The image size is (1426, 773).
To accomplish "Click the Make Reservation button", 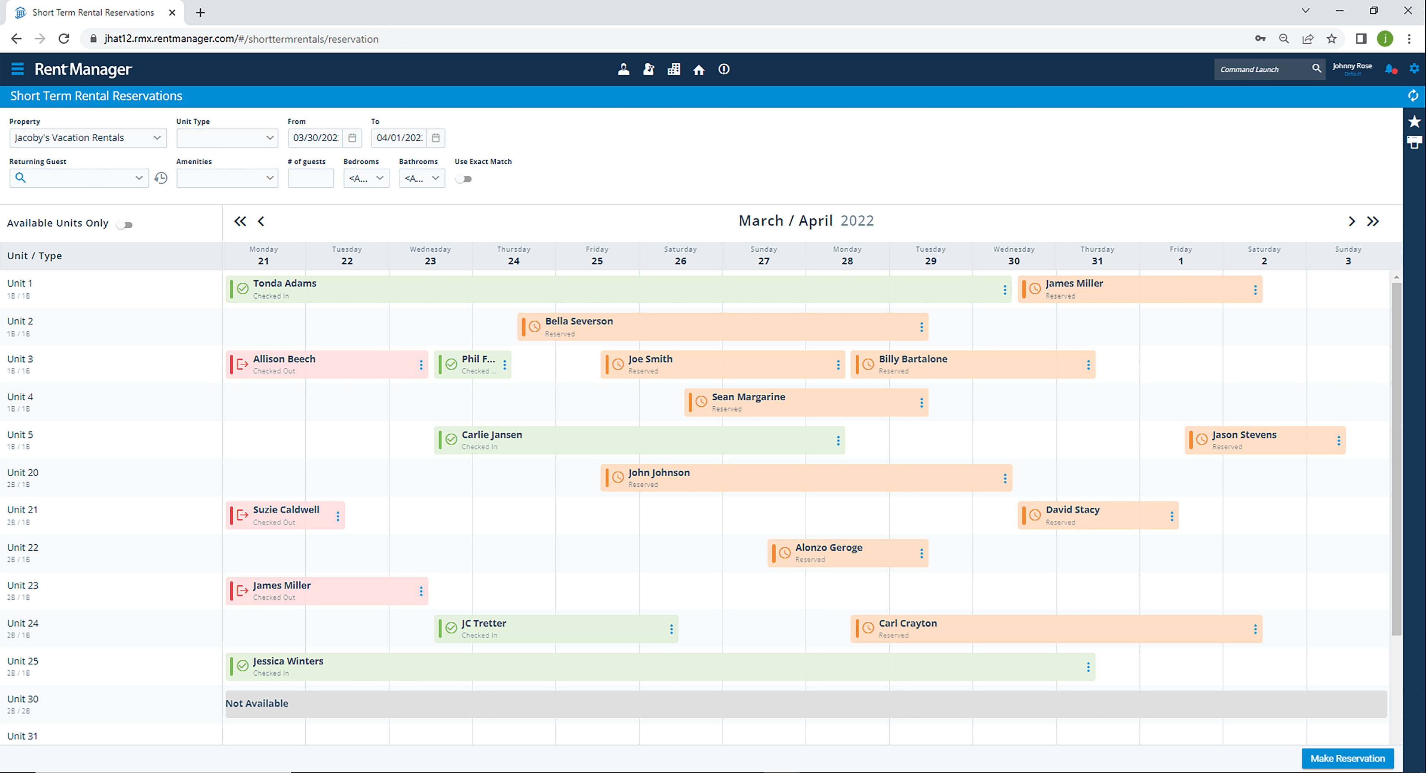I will (x=1347, y=758).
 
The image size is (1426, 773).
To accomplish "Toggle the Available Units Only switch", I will (x=125, y=224).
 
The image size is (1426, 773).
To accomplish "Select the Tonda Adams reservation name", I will (x=284, y=283).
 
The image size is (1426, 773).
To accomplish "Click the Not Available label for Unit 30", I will (x=257, y=703).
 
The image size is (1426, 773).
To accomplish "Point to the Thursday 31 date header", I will (x=1097, y=255).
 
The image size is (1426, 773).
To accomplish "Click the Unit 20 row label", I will (x=23, y=472).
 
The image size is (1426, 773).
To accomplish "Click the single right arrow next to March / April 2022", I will (x=1351, y=221).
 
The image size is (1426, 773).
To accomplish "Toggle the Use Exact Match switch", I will (x=463, y=179).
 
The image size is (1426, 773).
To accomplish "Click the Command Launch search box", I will (x=1262, y=69).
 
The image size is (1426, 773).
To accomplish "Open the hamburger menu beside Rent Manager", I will (x=18, y=69).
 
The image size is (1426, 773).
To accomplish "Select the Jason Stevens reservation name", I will (x=1244, y=435).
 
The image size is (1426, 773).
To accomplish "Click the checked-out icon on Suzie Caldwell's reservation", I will (x=242, y=515).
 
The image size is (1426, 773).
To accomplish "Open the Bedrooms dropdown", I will (x=366, y=178).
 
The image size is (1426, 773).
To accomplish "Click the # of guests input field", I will (x=310, y=178).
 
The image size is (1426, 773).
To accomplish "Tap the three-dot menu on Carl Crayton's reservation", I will (x=1255, y=629).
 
